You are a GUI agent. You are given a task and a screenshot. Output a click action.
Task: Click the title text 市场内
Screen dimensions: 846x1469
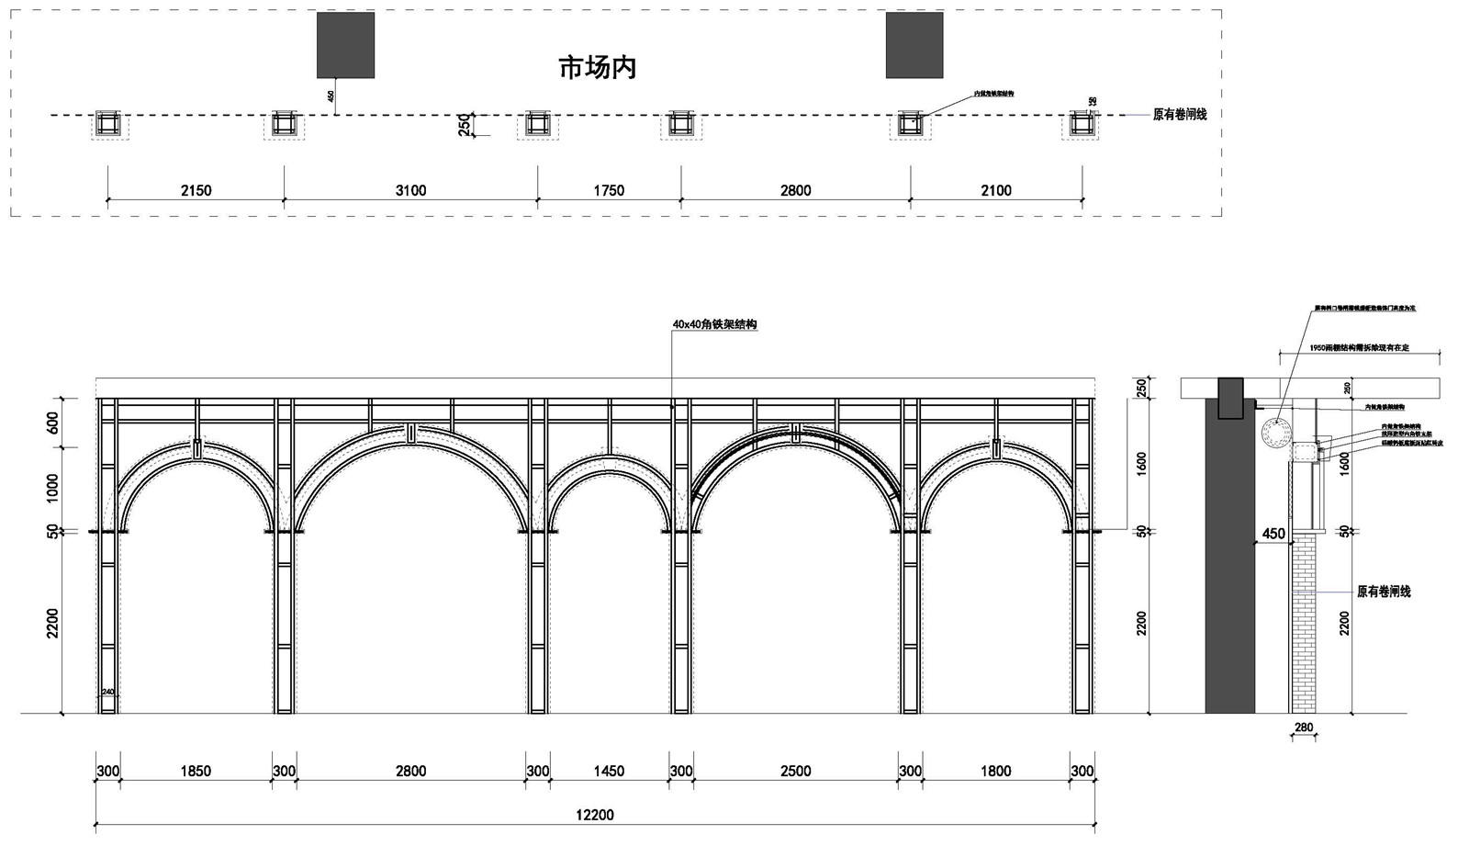(597, 67)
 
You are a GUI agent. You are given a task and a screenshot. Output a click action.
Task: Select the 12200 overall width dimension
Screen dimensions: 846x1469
(594, 815)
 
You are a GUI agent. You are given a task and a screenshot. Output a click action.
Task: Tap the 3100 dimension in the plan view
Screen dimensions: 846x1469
(410, 190)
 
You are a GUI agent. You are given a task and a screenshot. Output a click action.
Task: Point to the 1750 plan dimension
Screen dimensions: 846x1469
(608, 190)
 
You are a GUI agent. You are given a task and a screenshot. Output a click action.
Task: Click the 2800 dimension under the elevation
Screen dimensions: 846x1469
(410, 771)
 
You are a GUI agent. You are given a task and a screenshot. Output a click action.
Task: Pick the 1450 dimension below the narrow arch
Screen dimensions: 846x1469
(608, 771)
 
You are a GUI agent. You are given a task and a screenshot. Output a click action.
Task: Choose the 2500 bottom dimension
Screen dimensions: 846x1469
(795, 771)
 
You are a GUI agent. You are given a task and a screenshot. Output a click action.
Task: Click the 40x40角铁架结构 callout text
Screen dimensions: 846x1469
(714, 324)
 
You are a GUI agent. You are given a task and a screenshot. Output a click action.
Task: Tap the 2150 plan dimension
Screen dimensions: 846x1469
(196, 190)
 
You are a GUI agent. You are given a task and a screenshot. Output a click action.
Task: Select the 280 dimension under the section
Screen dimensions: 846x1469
(1303, 728)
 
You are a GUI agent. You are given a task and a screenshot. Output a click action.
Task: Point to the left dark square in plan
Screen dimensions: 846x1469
(345, 45)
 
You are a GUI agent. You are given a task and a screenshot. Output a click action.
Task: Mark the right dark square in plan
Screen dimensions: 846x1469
(914, 45)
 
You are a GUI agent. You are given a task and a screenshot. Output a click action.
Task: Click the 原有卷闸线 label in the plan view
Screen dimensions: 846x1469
(1180, 115)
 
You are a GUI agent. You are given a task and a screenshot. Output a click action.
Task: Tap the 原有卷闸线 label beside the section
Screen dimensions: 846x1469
(1384, 592)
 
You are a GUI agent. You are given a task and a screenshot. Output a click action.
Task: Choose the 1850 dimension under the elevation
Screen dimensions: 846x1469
(196, 771)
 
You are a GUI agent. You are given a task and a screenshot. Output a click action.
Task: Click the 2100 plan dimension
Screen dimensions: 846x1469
(995, 190)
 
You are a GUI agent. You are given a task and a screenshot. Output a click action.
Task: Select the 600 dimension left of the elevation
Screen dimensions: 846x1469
(52, 423)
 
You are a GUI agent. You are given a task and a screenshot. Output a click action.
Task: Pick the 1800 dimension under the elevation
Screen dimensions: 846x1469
(995, 771)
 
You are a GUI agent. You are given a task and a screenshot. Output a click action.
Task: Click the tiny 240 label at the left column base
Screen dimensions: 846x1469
(107, 692)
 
